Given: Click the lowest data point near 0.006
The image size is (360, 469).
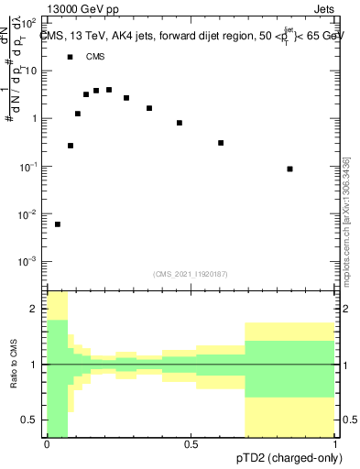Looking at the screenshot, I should pyautogui.click(x=58, y=224).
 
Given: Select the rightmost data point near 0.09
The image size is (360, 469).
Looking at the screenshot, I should pyautogui.click(x=290, y=169).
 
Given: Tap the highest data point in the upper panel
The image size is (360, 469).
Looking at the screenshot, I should pyautogui.click(x=109, y=90).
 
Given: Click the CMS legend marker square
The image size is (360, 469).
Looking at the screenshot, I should pyautogui.click(x=71, y=57).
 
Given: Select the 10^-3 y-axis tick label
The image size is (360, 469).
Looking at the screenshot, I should pyautogui.click(x=29, y=262).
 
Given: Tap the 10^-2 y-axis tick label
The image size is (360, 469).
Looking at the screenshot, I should pyautogui.click(x=29, y=214).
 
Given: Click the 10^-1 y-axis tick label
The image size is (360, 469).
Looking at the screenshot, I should pyautogui.click(x=29, y=167).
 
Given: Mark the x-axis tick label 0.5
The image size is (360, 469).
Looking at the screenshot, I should pyautogui.click(x=191, y=444).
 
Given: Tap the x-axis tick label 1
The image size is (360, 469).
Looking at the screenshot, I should pyautogui.click(x=334, y=444).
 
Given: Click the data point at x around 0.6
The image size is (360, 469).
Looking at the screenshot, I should pyautogui.click(x=221, y=143).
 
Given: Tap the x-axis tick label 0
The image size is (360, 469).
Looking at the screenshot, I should pyautogui.click(x=47, y=444).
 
